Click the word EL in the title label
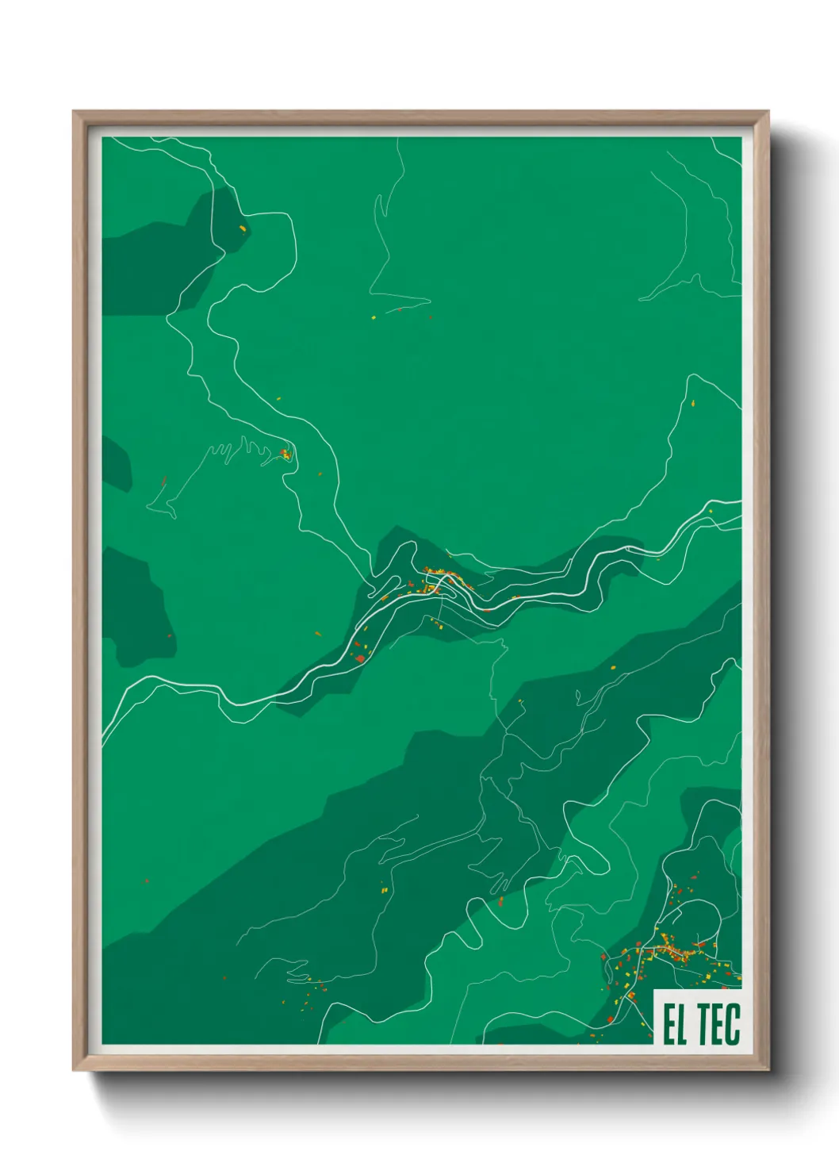tap(674, 1024)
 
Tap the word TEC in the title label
tap(718, 1024)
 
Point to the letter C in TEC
tap(733, 1024)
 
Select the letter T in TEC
tap(704, 1024)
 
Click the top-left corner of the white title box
tap(654, 989)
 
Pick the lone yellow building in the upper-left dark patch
tap(242, 229)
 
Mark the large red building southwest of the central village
tap(359, 658)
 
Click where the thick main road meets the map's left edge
tap(103, 738)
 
